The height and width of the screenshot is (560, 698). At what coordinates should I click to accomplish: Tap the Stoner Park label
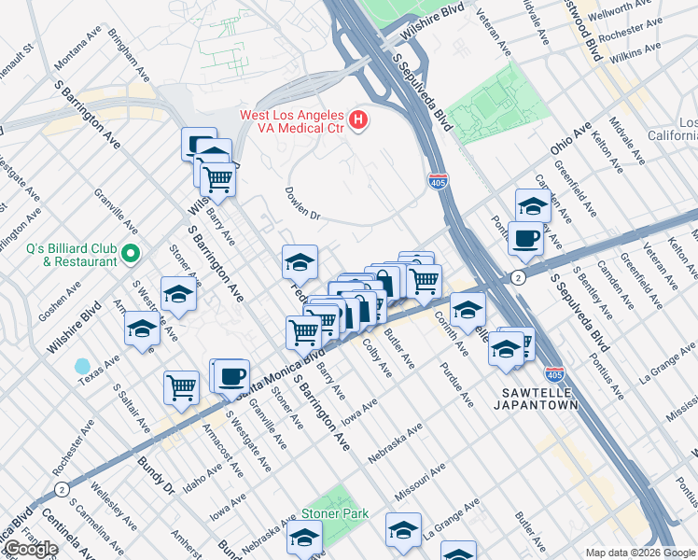334,514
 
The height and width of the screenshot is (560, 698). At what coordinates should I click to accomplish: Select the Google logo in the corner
31,549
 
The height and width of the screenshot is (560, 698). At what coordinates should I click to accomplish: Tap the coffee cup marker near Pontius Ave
525,239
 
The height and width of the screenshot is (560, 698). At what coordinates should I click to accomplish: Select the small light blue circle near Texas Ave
83,366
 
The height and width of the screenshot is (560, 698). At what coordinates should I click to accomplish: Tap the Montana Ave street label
78,49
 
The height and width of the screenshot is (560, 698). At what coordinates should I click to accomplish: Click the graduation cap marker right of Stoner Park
403,530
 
